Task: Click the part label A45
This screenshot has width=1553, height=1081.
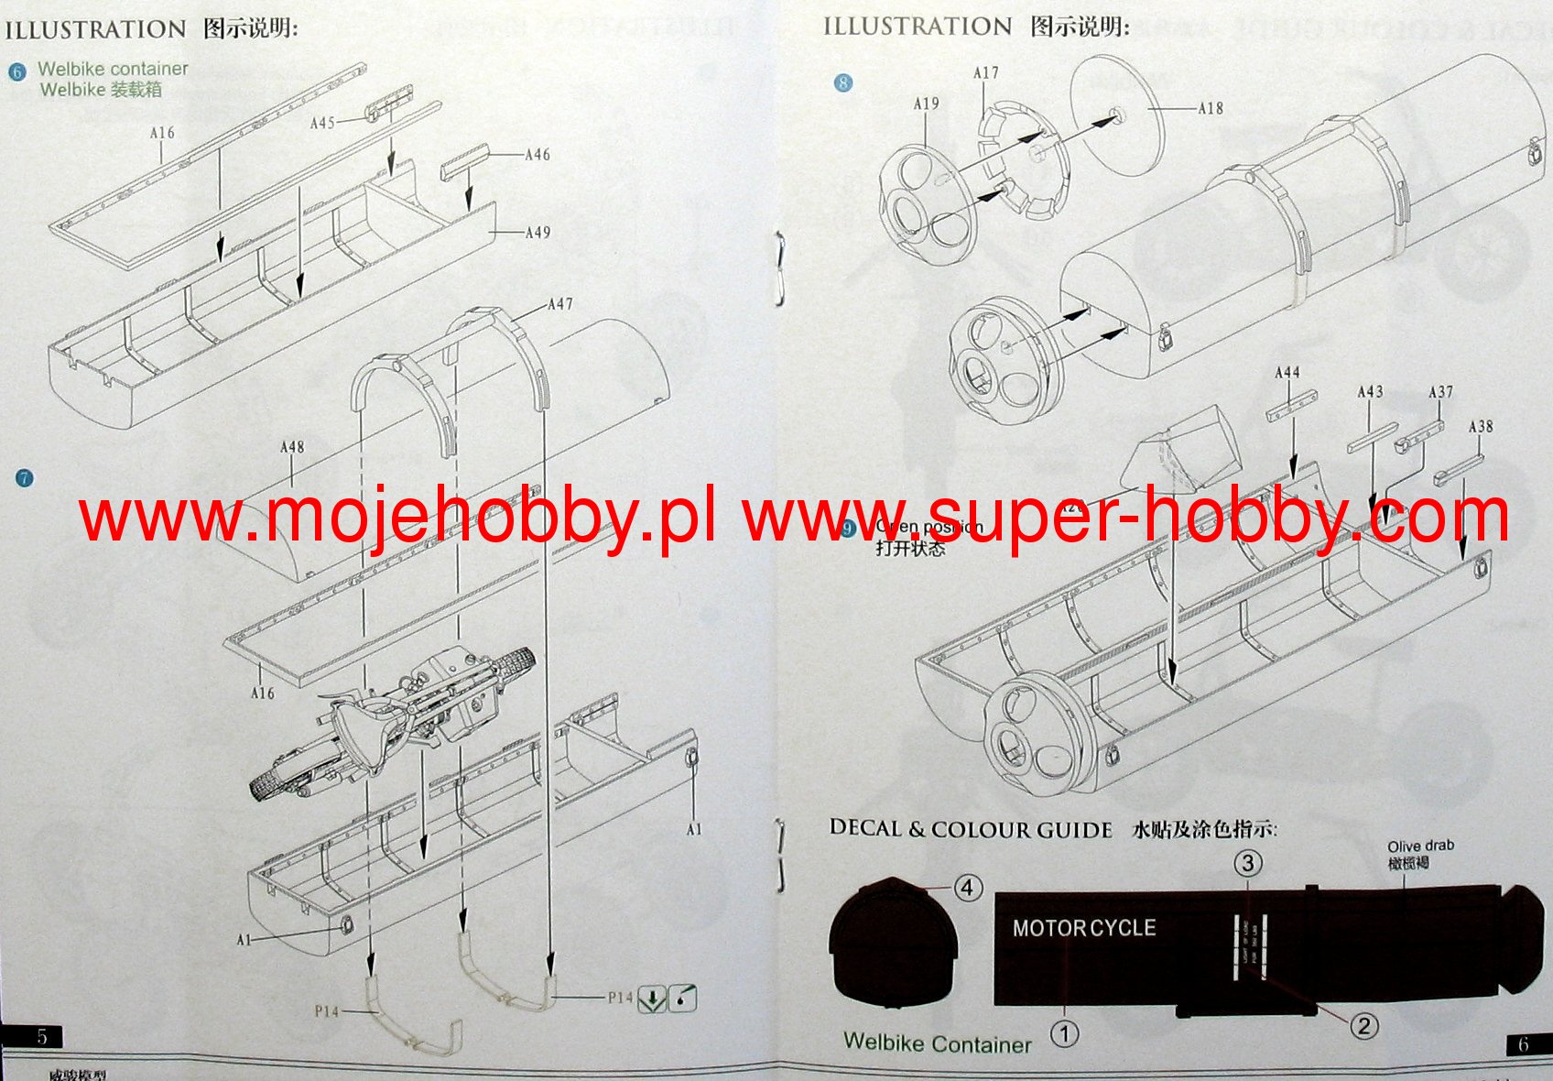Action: [x=322, y=123]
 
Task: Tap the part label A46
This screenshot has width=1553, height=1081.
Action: [x=538, y=155]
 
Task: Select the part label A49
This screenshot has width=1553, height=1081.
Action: [x=538, y=233]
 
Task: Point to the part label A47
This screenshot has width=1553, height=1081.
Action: [x=560, y=304]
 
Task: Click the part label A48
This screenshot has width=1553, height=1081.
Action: [x=291, y=447]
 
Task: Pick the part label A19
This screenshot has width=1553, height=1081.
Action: [x=926, y=104]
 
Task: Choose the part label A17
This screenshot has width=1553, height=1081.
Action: [x=985, y=73]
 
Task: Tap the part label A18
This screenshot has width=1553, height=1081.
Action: [x=1210, y=108]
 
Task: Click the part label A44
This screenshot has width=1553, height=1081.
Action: [x=1287, y=373]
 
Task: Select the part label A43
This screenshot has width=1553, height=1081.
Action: [x=1369, y=392]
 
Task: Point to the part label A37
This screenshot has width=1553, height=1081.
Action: [x=1440, y=392]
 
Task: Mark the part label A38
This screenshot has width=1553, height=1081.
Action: [x=1480, y=427]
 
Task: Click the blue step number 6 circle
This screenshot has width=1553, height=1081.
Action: [x=17, y=71]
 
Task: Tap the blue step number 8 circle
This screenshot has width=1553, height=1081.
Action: [x=843, y=83]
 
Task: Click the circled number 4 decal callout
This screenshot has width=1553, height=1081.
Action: [x=968, y=887]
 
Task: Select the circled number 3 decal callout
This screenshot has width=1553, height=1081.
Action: [x=1247, y=862]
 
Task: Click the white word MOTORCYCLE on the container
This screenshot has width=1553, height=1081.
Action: [x=1083, y=928]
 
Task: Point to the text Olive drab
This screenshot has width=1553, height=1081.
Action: [x=1419, y=846]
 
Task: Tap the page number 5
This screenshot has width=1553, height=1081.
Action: [x=42, y=1036]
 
